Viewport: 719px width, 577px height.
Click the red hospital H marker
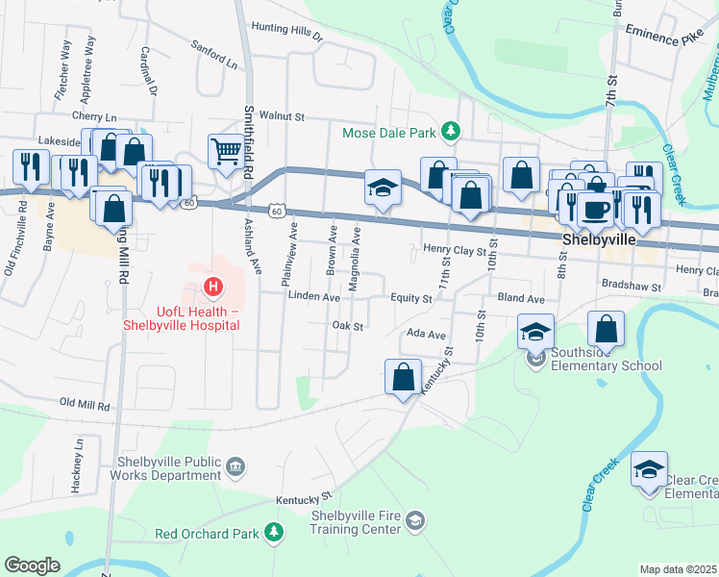[x=213, y=287]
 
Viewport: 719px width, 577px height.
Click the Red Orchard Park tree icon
[x=274, y=533]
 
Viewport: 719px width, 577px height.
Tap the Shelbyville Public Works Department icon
[x=236, y=468]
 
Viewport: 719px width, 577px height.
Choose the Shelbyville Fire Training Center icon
[x=414, y=521]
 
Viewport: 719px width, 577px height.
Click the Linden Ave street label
[x=314, y=298]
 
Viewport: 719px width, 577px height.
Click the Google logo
[x=32, y=565]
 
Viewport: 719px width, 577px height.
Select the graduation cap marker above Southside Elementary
[x=536, y=331]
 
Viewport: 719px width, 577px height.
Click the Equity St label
[x=410, y=299]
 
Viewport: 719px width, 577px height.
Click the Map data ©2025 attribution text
[x=678, y=569]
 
